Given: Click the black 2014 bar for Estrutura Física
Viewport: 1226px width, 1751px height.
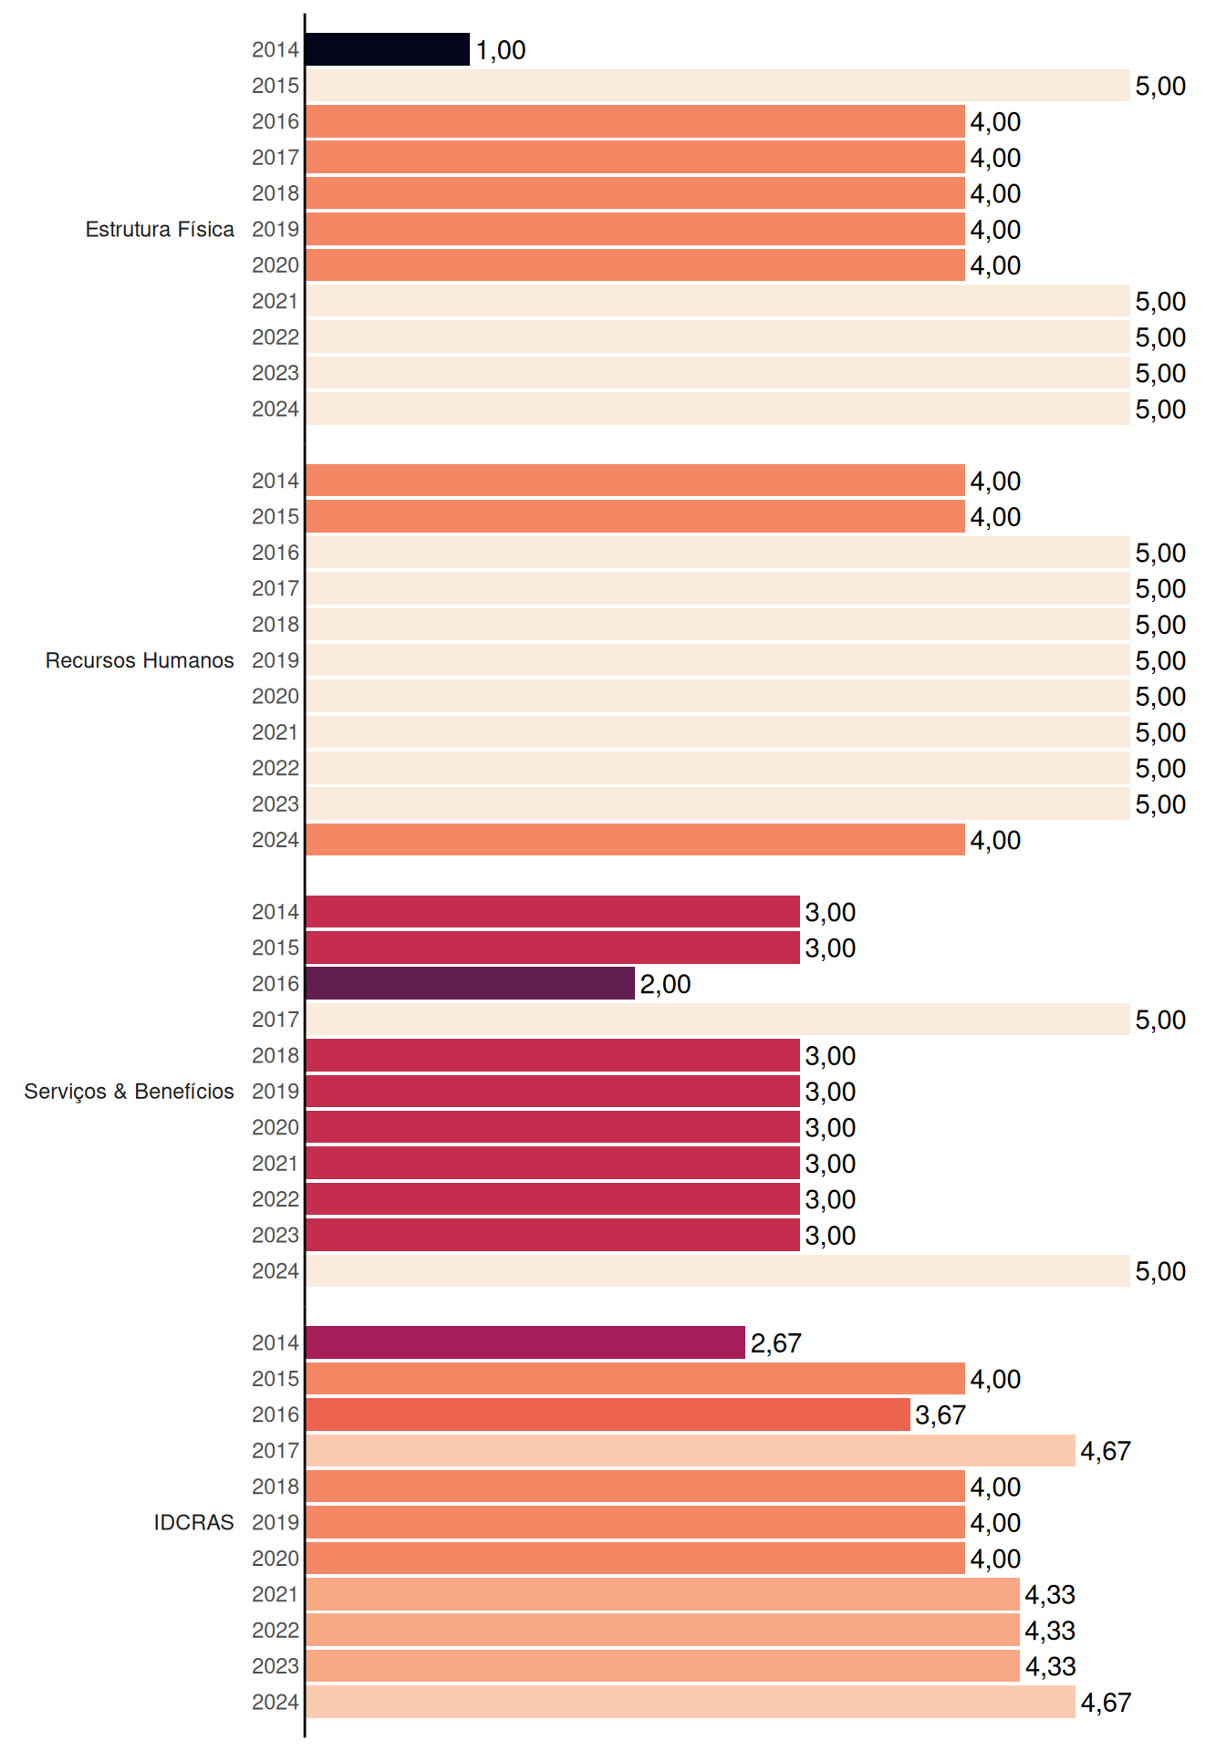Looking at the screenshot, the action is pyautogui.click(x=388, y=49).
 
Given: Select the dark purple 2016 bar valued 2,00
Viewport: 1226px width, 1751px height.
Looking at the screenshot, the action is pyautogui.click(x=470, y=983).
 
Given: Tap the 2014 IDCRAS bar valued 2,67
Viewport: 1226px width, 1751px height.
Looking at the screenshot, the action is pyautogui.click(x=525, y=1342).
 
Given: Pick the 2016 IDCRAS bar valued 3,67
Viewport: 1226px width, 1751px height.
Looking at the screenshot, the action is pyautogui.click(x=608, y=1414).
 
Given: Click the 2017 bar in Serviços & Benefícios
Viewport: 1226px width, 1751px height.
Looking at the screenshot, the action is pyautogui.click(x=718, y=1020).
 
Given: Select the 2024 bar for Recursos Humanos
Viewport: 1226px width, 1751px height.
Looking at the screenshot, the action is pyautogui.click(x=635, y=840).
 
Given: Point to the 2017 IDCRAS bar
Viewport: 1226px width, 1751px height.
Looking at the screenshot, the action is pyautogui.click(x=691, y=1450).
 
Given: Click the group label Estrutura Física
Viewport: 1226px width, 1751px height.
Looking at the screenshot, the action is pyautogui.click(x=160, y=229).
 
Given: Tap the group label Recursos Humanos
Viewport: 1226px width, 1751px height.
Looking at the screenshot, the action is pyautogui.click(x=140, y=660).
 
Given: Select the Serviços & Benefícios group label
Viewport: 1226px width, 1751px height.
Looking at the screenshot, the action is pyautogui.click(x=129, y=1092).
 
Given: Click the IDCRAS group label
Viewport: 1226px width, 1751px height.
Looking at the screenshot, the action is pyautogui.click(x=193, y=1522).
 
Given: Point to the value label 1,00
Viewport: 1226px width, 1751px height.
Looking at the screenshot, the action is pyautogui.click(x=501, y=50).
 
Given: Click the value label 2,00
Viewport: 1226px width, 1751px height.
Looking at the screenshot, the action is pyautogui.click(x=665, y=984).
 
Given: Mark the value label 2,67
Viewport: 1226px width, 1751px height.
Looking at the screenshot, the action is pyautogui.click(x=775, y=1343).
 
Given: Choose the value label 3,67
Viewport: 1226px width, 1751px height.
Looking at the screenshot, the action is pyautogui.click(x=940, y=1415).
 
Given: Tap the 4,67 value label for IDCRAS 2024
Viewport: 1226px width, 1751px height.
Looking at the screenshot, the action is pyautogui.click(x=1106, y=1703).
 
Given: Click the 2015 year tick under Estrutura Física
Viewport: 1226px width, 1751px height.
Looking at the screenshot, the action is pyautogui.click(x=275, y=86).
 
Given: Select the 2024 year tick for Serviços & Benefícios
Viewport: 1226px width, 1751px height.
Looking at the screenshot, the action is pyautogui.click(x=275, y=1271).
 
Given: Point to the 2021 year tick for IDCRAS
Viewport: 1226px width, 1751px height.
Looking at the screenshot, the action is pyautogui.click(x=275, y=1594).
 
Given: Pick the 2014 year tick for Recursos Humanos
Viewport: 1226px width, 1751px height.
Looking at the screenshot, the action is pyautogui.click(x=275, y=481).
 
